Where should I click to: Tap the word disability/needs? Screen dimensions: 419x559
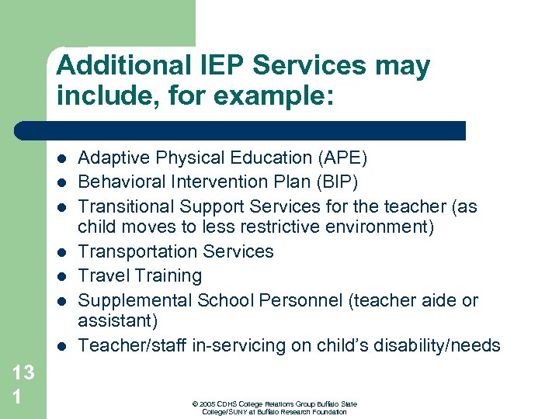click(439, 345)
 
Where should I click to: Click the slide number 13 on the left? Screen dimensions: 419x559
click(23, 372)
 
